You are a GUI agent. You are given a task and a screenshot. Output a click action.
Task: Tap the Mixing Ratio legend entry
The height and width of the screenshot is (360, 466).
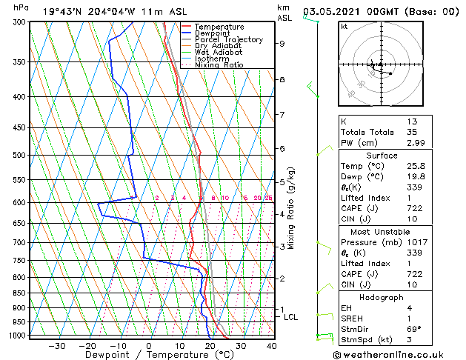point(219,65)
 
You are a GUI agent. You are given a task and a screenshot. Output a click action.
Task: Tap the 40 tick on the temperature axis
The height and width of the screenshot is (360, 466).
point(271,346)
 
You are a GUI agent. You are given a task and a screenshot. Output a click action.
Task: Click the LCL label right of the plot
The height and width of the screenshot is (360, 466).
point(291,317)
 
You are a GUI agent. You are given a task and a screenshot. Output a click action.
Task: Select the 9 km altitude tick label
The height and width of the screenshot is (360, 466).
point(282,44)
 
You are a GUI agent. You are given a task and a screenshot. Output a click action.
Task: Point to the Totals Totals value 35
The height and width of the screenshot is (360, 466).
point(411,132)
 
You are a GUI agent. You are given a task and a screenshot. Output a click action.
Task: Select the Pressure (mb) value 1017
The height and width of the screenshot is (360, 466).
point(416,242)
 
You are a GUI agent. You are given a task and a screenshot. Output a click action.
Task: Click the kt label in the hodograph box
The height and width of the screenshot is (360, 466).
point(344,27)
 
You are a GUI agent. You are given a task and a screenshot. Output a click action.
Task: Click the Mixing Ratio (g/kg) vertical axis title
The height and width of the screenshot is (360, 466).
point(291,208)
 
